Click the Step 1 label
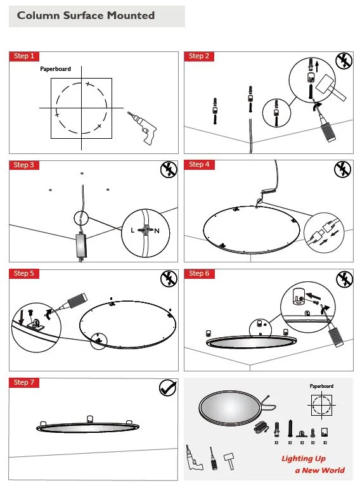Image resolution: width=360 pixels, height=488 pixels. click(24, 56)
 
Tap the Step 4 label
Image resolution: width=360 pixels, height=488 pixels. click(199, 164)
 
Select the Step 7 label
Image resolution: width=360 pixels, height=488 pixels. click(24, 382)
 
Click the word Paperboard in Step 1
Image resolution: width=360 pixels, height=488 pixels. click(55, 69)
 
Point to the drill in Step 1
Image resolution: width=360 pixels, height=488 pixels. click(143, 127)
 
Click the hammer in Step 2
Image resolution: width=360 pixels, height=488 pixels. click(330, 87)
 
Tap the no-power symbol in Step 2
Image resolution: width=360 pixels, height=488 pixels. click(344, 60)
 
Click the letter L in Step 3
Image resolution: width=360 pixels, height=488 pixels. click(132, 230)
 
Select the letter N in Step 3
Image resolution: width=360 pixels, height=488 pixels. click(157, 231)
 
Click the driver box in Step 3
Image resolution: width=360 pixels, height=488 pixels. click(82, 246)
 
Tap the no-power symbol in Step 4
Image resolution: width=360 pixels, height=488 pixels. click(343, 169)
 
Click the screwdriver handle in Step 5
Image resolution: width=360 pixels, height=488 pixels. click(77, 300)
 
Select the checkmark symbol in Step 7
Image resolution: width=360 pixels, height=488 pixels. click(168, 387)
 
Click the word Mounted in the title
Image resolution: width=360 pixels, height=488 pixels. click(131, 15)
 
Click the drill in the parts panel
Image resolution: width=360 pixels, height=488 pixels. click(194, 458)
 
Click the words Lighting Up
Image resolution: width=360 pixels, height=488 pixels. click(304, 459)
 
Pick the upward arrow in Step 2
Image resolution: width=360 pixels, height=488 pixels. click(317, 67)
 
